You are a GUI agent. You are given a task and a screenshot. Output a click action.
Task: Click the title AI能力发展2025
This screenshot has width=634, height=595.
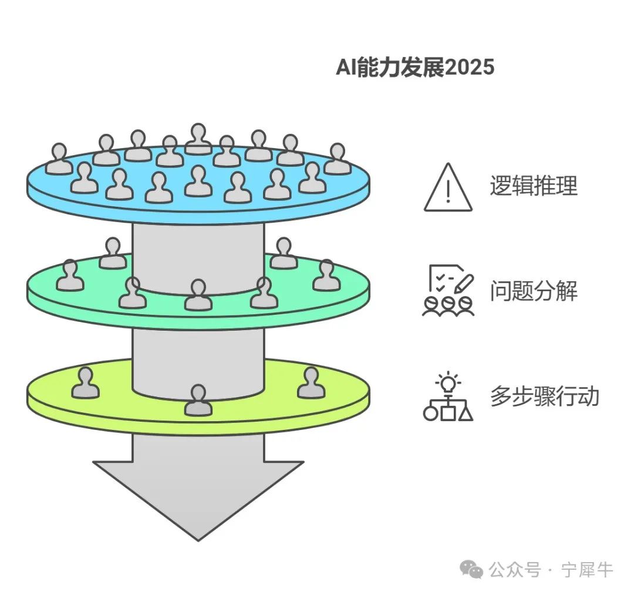pyautogui.click(x=414, y=68)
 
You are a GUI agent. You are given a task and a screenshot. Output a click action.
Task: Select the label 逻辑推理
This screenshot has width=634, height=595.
pyautogui.click(x=533, y=186)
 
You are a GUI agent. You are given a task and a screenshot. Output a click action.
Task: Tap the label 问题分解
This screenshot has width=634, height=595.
pyautogui.click(x=533, y=291)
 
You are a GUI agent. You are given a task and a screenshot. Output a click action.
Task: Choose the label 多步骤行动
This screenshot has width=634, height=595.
pyautogui.click(x=544, y=396)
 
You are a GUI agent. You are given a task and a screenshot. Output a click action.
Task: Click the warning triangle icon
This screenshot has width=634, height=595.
pyautogui.click(x=448, y=188)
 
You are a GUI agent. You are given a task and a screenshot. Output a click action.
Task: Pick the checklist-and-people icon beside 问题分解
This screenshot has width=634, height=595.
pyautogui.click(x=448, y=291)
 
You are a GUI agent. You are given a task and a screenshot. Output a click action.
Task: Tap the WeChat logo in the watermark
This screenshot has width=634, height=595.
pyautogui.click(x=471, y=569)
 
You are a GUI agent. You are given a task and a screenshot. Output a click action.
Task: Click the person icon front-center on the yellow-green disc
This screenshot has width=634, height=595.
pyautogui.click(x=198, y=401)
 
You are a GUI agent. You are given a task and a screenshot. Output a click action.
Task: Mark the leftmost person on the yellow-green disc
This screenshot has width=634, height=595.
pyautogui.click(x=86, y=383)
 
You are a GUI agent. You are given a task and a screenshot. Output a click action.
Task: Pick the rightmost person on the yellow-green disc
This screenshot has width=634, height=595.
pyautogui.click(x=311, y=383)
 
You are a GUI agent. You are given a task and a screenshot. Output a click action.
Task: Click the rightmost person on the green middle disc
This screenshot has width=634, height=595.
pyautogui.click(x=326, y=276)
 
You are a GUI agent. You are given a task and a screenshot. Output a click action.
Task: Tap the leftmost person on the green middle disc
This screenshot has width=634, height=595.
pyautogui.click(x=70, y=276)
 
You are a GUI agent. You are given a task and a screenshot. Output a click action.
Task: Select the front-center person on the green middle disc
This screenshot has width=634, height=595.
pyautogui.click(x=198, y=295)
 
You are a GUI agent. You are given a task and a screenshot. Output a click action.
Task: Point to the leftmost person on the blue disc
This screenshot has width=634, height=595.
pyautogui.click(x=59, y=160)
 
